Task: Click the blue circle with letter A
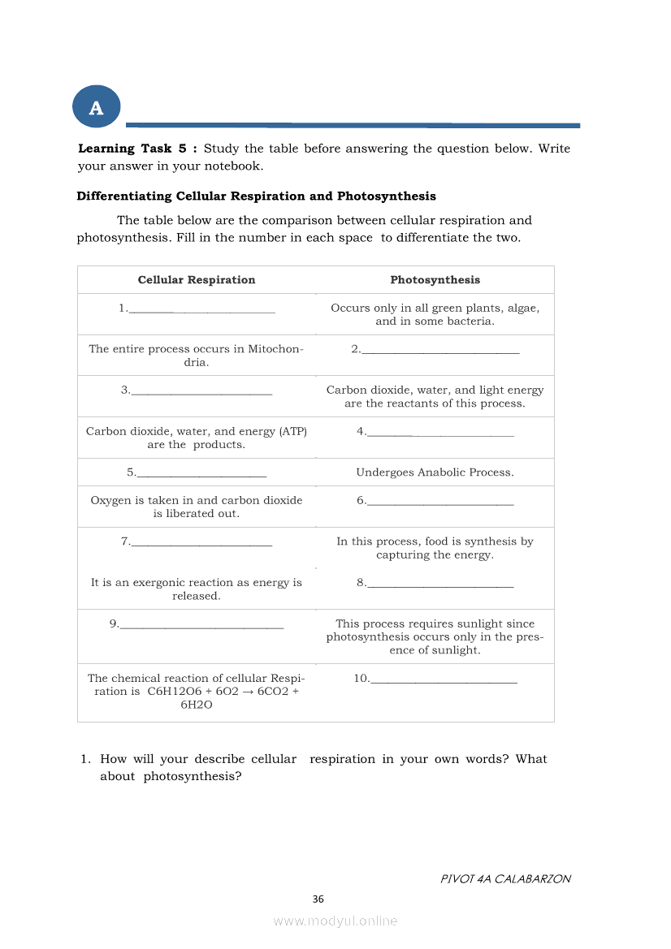(x=96, y=107)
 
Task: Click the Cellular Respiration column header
(x=197, y=280)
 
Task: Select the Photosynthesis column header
(x=435, y=280)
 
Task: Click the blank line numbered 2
(x=440, y=351)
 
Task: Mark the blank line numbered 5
(x=201, y=473)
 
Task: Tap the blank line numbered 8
(x=440, y=584)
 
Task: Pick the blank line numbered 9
(x=201, y=625)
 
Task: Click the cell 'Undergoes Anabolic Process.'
(x=435, y=472)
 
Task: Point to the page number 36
(x=318, y=899)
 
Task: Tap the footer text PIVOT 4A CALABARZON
(x=505, y=878)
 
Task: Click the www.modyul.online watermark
(x=335, y=921)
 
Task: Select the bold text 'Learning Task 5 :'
(x=137, y=149)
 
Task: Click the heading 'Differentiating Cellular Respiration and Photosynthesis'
(x=256, y=196)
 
